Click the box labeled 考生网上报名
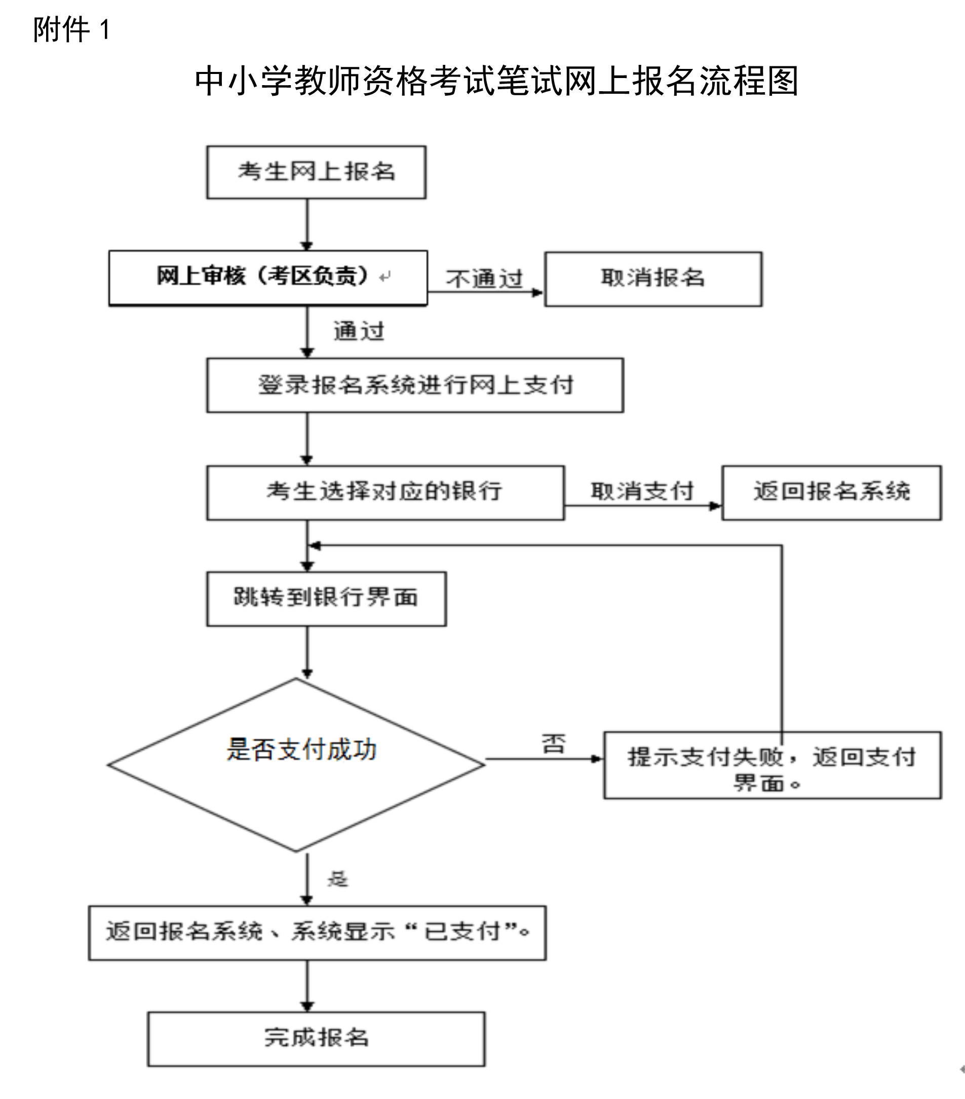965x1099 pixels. (316, 172)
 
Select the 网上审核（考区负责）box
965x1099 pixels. (268, 278)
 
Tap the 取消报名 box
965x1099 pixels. (653, 279)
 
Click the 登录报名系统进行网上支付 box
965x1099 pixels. (415, 386)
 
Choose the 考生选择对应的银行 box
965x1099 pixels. (385, 492)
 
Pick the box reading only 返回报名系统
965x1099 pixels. (832, 492)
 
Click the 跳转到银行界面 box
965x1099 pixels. (326, 598)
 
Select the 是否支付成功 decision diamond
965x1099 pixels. (296, 765)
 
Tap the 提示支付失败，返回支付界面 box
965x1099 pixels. (773, 765)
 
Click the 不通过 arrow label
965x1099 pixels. (484, 279)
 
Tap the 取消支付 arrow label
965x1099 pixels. (642, 490)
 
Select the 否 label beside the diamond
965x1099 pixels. (554, 744)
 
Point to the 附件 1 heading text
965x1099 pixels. (71, 29)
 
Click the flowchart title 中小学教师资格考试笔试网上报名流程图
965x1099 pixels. (496, 81)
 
